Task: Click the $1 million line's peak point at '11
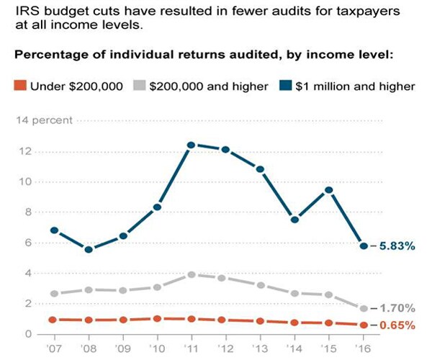191,145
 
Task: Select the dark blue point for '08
88,249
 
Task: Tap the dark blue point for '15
328,190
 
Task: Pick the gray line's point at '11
191,274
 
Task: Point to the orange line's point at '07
53,319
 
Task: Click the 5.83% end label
397,246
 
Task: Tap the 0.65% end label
397,325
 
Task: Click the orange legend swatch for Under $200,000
20,86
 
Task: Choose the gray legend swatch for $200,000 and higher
140,86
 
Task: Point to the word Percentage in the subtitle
53,55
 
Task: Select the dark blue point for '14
294,219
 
